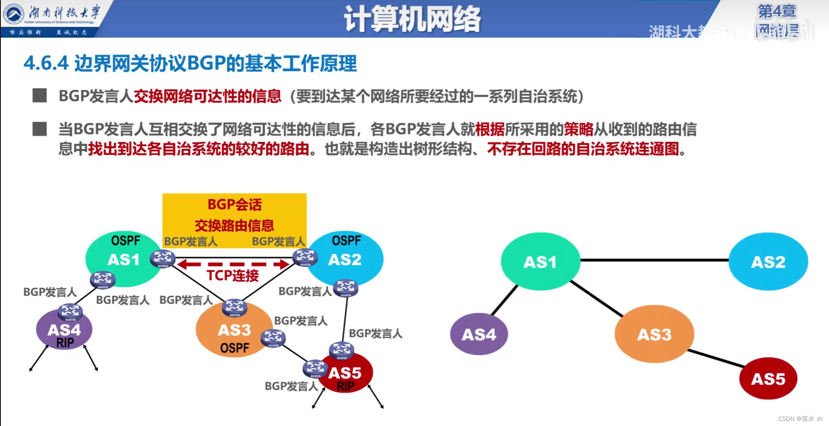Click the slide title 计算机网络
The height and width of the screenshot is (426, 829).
412,19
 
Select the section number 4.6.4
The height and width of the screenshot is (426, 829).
46,63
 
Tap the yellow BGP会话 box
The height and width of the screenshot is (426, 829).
234,215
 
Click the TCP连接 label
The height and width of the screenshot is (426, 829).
232,276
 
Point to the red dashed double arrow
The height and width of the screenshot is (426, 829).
233,265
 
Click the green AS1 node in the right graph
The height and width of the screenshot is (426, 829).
540,262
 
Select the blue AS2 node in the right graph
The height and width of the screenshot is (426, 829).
768,262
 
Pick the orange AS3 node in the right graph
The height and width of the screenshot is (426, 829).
654,335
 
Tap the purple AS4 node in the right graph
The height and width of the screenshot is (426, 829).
479,335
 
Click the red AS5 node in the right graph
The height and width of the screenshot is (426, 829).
768,379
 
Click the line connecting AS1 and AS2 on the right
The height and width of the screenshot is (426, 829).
654,260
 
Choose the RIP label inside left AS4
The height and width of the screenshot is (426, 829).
65,343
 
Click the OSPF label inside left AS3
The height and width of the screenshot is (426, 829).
234,348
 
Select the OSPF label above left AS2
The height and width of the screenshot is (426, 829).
346,241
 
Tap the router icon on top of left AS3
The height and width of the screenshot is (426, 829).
234,307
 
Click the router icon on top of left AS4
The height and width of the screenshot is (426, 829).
70,312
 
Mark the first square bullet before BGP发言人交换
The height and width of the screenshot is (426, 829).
40,95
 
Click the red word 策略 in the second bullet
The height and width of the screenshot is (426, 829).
578,129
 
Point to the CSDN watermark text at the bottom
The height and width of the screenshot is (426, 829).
800,419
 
